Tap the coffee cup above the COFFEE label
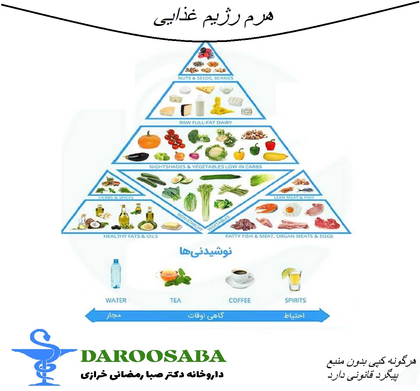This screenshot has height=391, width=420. click(x=238, y=279)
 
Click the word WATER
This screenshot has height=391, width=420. click(x=116, y=300)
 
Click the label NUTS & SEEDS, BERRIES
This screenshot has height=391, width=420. click(x=206, y=78)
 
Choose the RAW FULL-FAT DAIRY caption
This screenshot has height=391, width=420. click(x=205, y=123)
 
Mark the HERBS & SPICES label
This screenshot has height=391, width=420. click(x=116, y=198)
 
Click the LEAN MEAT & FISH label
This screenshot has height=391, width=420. click(x=294, y=198)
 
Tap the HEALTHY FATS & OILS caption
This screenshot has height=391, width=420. click(x=130, y=236)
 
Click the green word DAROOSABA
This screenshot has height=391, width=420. click(x=153, y=356)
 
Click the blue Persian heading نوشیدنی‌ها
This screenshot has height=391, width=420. click(x=206, y=251)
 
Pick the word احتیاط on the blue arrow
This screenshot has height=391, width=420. click(x=294, y=316)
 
